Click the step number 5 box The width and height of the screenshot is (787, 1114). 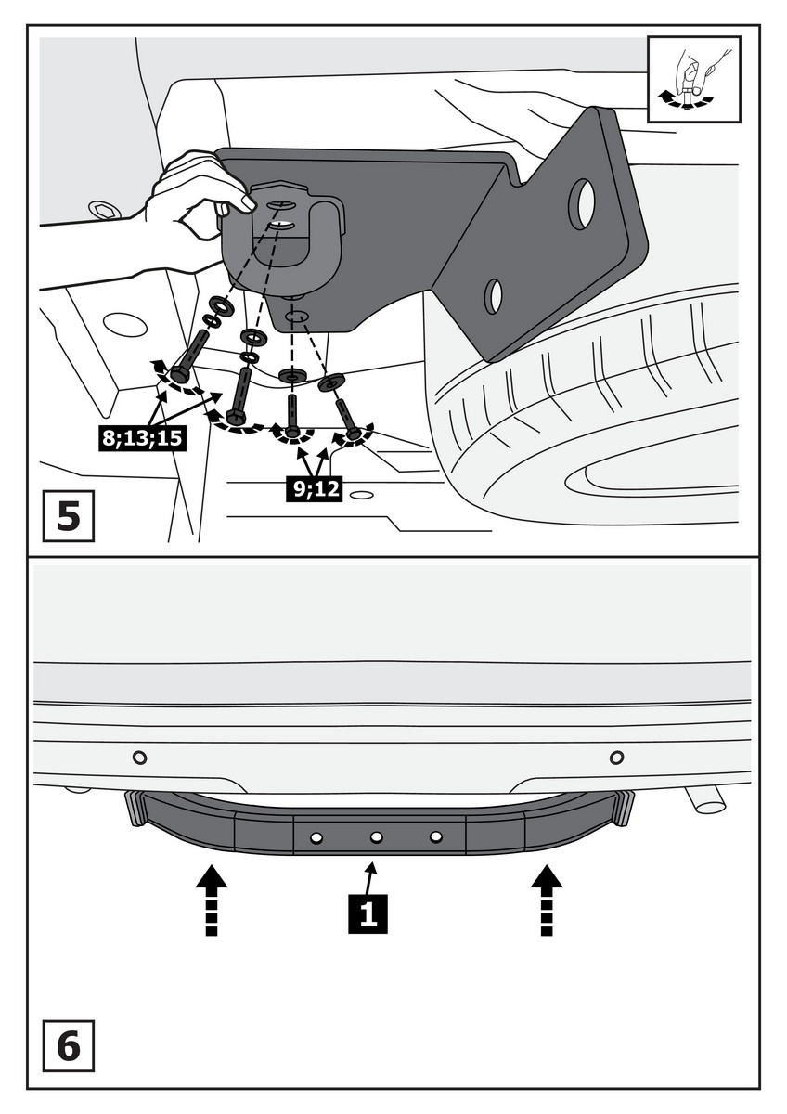[69, 517]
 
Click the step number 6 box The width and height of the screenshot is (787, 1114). [69, 1045]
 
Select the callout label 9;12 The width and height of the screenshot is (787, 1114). [313, 489]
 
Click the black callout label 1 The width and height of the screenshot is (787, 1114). [368, 914]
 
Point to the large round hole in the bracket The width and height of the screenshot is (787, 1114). [582, 204]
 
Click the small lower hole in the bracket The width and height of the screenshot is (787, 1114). [494, 295]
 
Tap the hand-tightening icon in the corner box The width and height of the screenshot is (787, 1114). [693, 79]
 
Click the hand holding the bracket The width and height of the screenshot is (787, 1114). [190, 209]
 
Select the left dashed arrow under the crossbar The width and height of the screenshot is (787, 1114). [213, 900]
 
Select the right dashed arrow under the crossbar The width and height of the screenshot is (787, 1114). [547, 900]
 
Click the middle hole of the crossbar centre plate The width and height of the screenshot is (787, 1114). [376, 837]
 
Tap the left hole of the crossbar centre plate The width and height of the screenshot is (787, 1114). [316, 837]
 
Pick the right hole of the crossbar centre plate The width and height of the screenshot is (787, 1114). [435, 837]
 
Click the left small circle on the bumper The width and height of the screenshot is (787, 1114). [139, 758]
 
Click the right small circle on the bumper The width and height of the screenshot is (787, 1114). [616, 758]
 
